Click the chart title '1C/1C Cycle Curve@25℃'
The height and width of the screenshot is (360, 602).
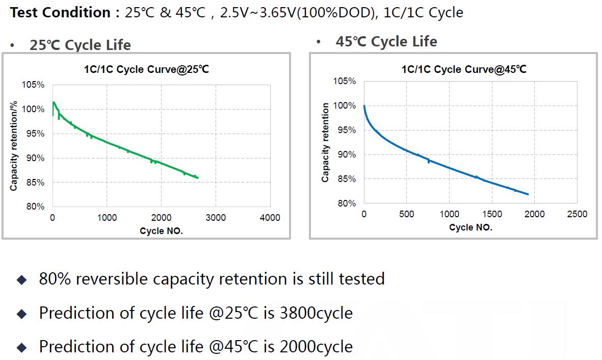146,70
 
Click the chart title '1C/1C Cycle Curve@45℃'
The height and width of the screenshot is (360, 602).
464,69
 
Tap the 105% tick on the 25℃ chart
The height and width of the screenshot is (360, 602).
33,85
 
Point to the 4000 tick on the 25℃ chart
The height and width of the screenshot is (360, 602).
270,218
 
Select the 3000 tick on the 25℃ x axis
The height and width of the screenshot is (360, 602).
215,218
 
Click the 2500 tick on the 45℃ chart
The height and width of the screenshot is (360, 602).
577,214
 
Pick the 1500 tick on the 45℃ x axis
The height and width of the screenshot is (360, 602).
491,214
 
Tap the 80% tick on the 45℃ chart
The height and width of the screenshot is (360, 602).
345,203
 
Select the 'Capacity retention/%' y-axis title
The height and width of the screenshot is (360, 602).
14,145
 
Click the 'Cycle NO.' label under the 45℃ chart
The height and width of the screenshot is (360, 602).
470,227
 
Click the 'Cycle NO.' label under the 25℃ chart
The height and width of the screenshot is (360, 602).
161,231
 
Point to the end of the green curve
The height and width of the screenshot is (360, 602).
198,177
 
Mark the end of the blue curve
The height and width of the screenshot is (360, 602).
528,194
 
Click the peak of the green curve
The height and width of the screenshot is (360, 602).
54,102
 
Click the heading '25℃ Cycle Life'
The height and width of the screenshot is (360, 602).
80,45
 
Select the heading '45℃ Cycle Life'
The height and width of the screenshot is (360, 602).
386,42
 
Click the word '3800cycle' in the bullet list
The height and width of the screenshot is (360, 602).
316,313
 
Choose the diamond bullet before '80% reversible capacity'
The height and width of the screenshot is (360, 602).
21,279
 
